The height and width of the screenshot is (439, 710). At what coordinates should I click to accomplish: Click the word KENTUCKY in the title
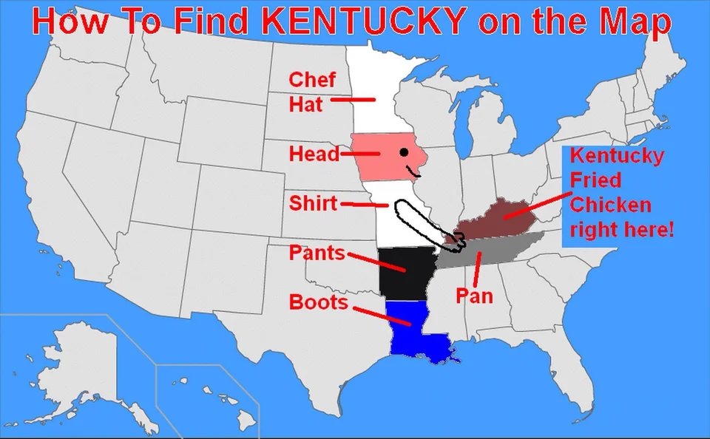pos(363,22)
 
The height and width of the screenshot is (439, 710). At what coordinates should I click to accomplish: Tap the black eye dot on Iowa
pos(404,153)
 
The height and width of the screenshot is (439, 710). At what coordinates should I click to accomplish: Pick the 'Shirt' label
pos(313,203)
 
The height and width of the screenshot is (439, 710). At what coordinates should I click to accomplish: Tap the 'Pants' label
pos(317,253)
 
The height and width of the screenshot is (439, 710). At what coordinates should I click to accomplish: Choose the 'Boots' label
pos(318,302)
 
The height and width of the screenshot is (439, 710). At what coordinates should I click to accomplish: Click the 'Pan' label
pos(473,296)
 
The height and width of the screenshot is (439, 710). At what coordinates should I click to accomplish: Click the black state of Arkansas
pos(403,272)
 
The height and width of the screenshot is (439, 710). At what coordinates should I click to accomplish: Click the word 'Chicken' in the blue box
pos(611,205)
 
